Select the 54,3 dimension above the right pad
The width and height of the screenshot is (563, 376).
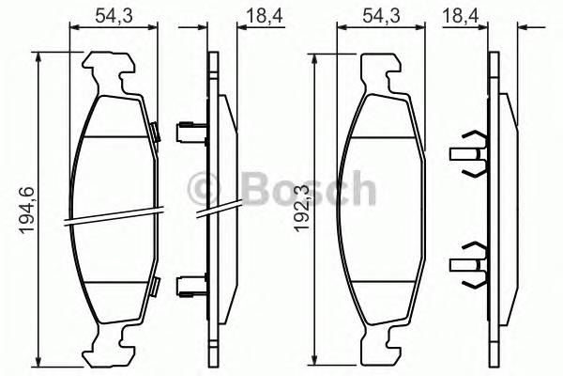[x=381, y=15]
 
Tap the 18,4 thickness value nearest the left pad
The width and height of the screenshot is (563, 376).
[x=220, y=15]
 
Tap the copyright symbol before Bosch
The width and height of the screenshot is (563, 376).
[x=205, y=189]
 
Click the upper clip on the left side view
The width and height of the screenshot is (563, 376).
[x=191, y=128]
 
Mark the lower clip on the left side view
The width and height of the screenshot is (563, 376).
[x=191, y=282]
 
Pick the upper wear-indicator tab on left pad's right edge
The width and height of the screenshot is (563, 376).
[x=150, y=132]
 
